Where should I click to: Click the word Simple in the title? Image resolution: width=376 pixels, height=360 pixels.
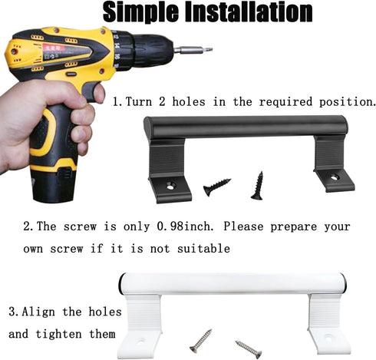140,12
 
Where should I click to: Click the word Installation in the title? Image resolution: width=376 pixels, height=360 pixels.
249,12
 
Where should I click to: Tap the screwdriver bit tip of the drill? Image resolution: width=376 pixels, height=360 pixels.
209,49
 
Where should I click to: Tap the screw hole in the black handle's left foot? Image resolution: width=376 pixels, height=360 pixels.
170,186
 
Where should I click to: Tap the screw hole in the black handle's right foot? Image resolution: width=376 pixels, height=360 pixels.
335,177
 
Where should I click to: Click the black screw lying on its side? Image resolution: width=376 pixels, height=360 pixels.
216,187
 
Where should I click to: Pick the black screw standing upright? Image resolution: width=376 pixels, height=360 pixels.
258,186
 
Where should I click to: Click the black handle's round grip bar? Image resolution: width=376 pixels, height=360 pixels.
246,127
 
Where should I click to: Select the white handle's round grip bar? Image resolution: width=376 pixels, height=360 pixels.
233,284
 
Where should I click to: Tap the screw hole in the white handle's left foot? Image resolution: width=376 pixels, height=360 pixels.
140,342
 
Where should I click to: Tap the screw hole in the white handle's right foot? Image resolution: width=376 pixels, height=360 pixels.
328,339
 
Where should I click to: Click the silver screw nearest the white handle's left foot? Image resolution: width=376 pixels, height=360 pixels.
201,341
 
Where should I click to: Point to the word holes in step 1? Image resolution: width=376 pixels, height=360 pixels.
189,101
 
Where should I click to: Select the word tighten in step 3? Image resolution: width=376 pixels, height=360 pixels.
58,334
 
